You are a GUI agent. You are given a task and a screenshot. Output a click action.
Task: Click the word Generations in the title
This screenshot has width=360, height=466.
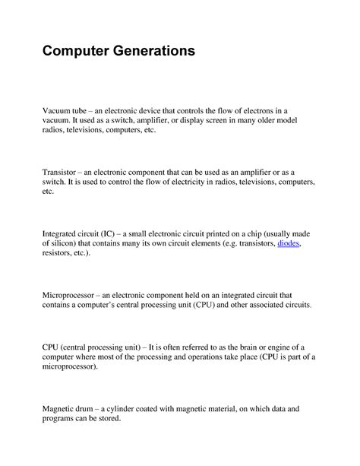click(x=150, y=52)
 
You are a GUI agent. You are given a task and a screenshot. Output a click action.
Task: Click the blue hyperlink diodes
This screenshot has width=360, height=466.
click(x=289, y=243)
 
